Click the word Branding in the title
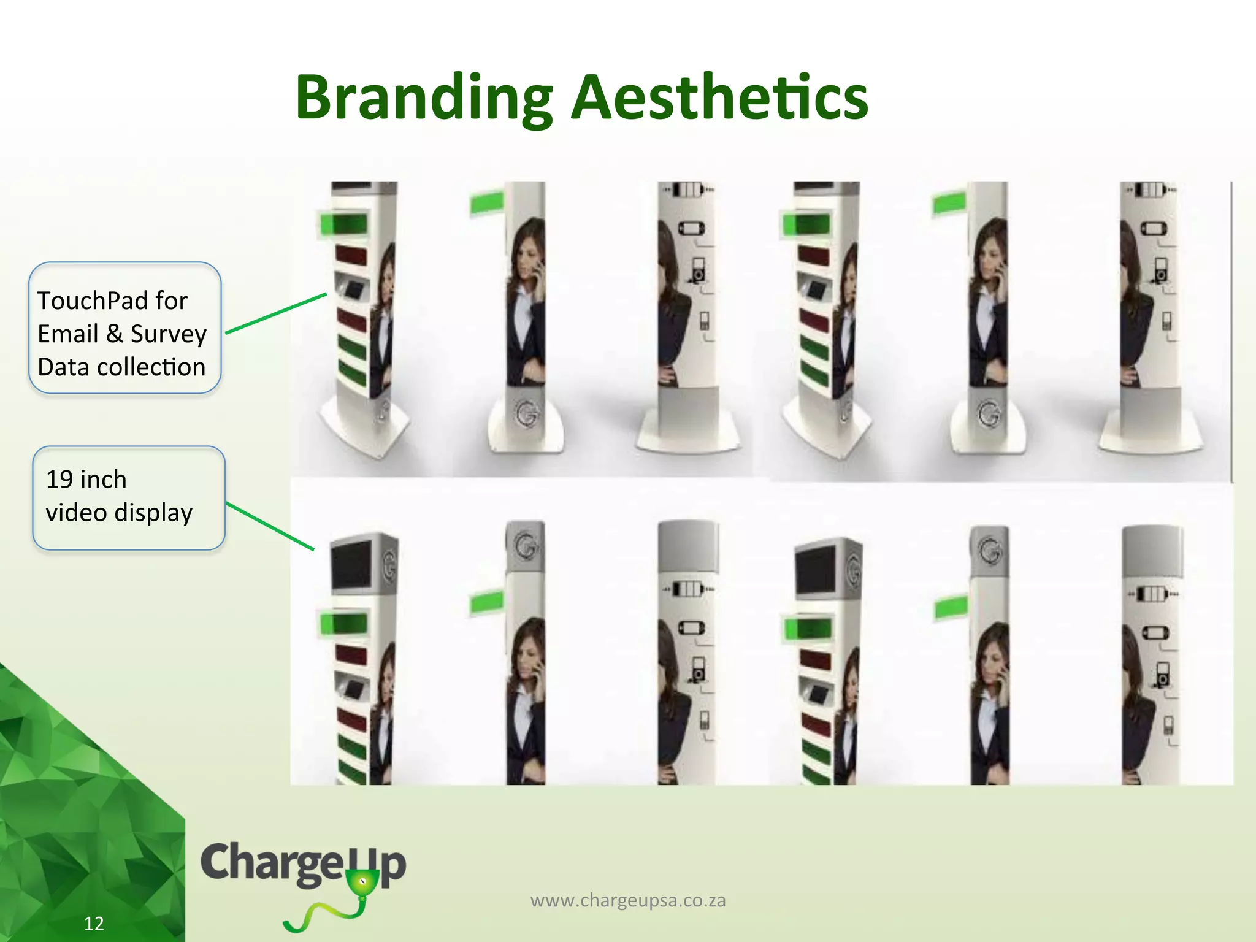coord(423,98)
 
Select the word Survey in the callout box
coord(168,334)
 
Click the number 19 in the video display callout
coord(59,479)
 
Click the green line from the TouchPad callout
coord(276,313)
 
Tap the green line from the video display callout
coord(270,526)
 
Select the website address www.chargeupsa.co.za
coord(627,900)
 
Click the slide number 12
coord(94,923)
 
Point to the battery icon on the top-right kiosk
coord(1151,190)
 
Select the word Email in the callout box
coord(67,334)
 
